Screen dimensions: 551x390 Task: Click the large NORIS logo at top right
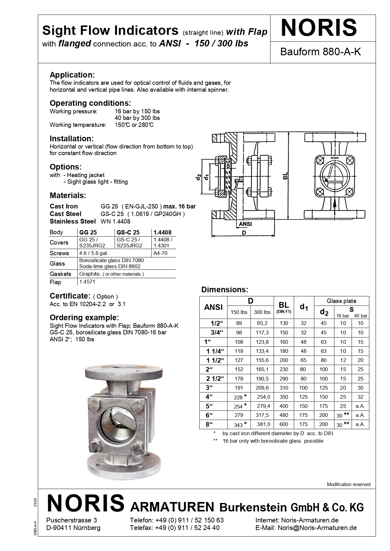[319, 28]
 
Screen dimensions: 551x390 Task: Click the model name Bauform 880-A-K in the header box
[320, 52]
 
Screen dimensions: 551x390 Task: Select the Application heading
[72, 75]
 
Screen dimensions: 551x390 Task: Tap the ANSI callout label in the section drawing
[245, 224]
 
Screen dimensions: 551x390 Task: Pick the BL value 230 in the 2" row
[284, 370]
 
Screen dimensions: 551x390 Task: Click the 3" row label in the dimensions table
[209, 388]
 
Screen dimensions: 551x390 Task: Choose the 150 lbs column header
[239, 312]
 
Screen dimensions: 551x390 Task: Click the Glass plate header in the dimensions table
[342, 301]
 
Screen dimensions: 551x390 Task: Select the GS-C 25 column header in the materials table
[128, 233]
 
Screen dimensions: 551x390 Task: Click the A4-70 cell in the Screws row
[160, 253]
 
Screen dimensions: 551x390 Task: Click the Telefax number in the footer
[187, 528]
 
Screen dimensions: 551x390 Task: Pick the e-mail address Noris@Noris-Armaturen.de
[317, 528]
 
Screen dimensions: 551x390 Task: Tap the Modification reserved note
[348, 484]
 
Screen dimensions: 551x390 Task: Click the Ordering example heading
[84, 317]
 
